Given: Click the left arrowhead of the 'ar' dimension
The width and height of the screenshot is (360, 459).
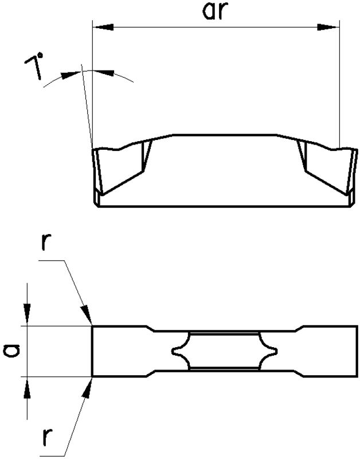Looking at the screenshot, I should coord(101,27).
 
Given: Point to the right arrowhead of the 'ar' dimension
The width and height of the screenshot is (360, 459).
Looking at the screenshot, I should coord(330,27).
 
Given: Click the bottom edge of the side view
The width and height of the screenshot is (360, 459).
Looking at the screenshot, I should coord(224,207).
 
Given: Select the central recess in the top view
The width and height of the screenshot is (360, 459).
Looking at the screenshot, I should coord(225,351).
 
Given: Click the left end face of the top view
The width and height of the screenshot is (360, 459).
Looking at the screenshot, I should coord(92,351).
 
